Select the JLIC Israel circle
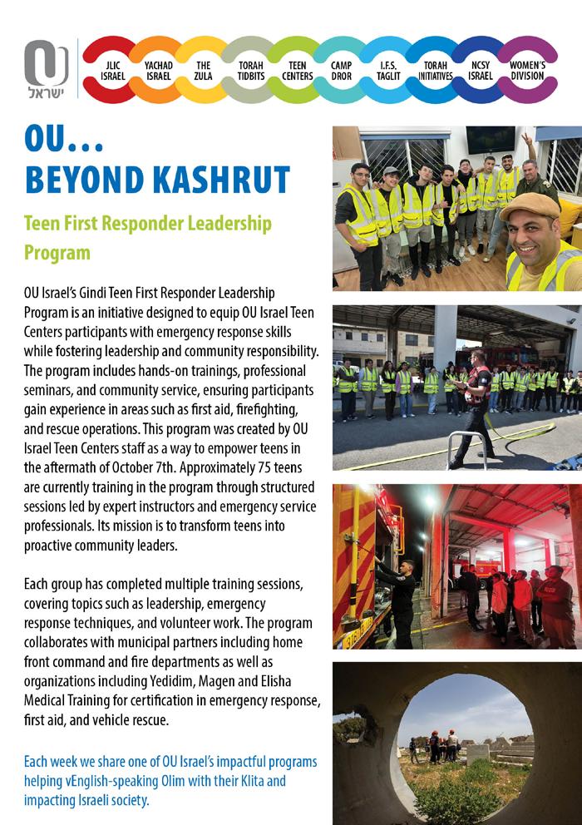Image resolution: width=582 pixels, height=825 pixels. [113, 70]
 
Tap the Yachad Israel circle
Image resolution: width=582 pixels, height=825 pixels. [158, 70]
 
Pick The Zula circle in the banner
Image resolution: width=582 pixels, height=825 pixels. [204, 70]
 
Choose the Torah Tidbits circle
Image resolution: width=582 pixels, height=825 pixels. [250, 70]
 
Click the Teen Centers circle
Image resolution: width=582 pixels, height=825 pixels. [297, 70]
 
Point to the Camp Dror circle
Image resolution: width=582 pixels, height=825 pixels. [342, 70]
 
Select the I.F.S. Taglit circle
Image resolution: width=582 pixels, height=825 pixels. [388, 70]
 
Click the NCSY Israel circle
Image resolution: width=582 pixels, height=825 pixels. [481, 70]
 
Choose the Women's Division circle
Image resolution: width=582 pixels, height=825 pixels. [527, 70]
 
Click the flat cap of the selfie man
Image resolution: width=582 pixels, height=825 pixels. [530, 205]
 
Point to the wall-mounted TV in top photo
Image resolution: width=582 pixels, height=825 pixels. [490, 139]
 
